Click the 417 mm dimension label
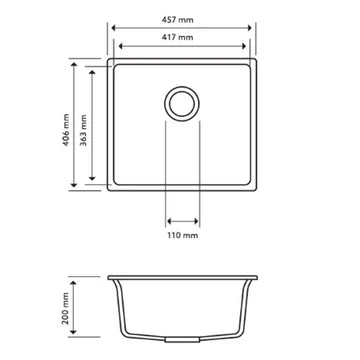click(181, 37)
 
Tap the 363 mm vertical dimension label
click(87, 122)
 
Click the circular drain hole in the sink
click(182, 102)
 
